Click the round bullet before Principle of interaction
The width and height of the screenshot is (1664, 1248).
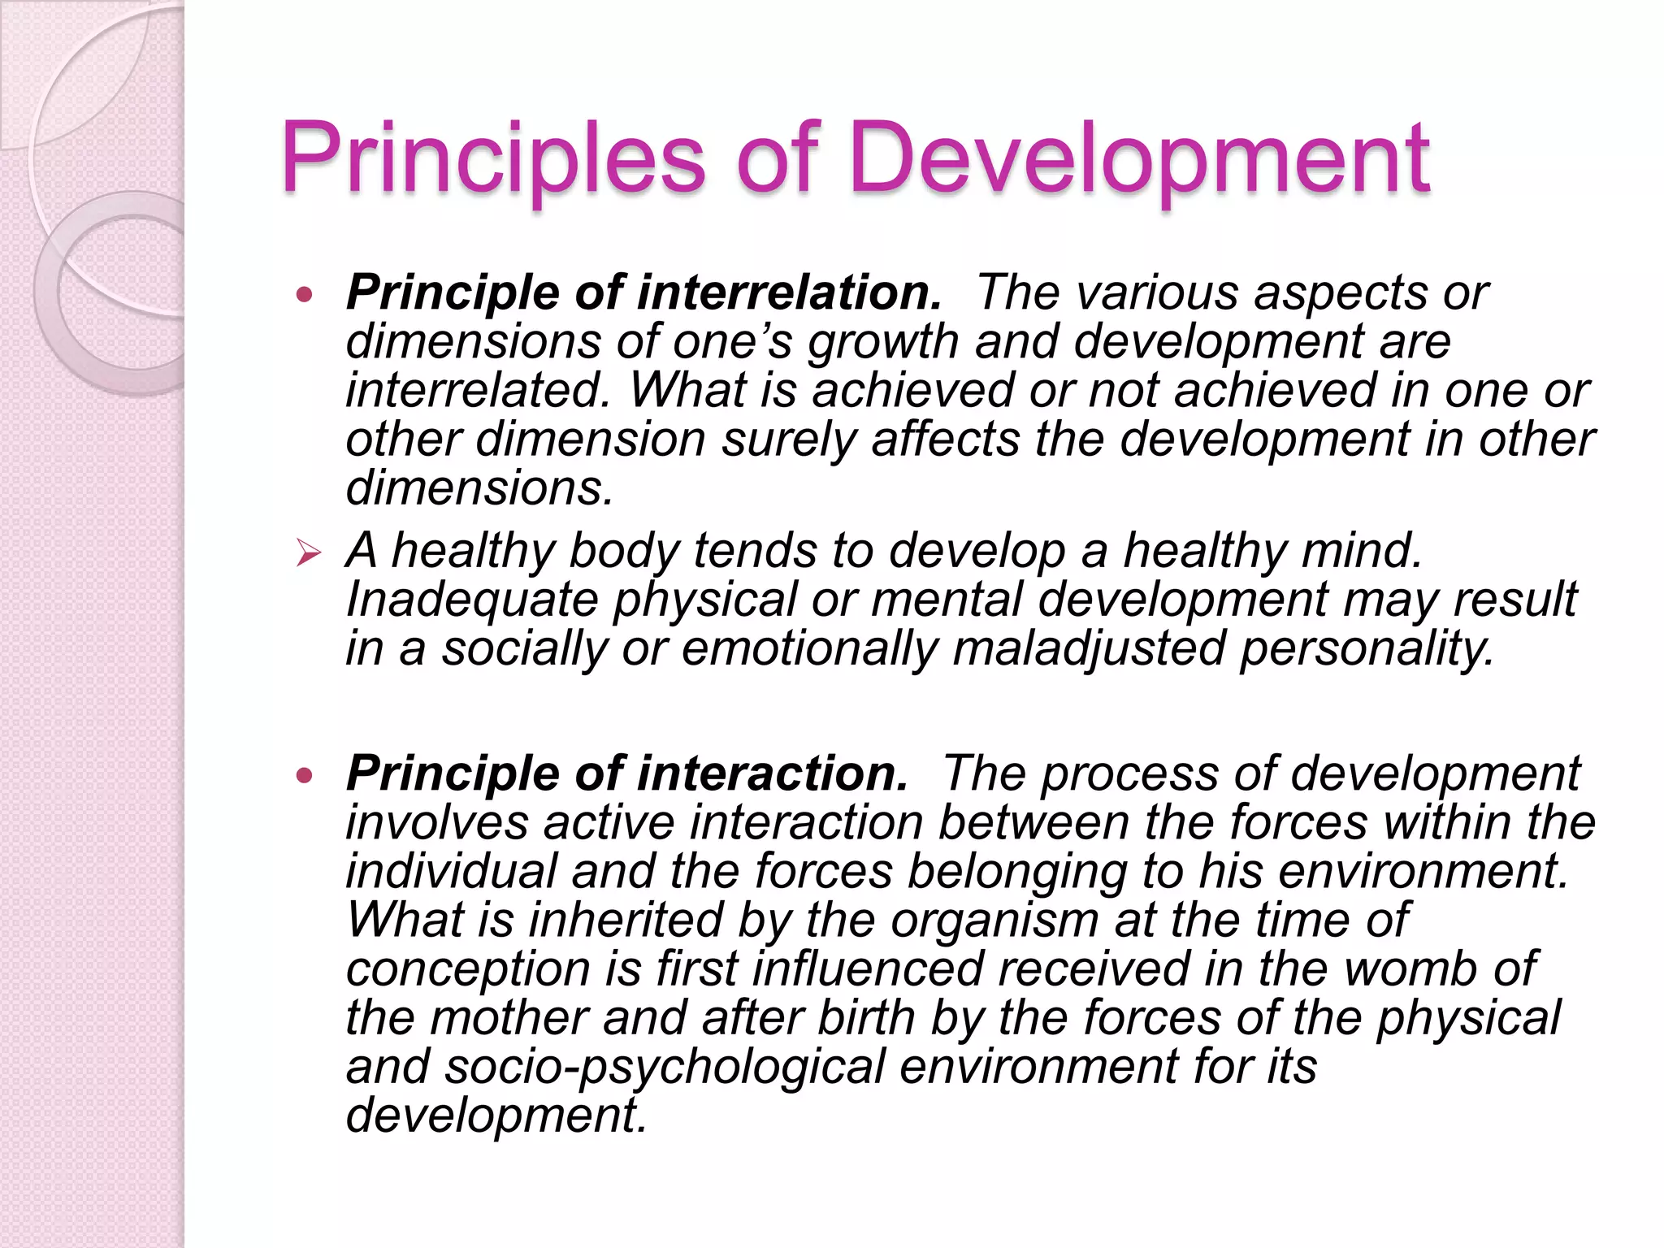click(x=305, y=775)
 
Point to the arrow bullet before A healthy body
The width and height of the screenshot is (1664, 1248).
click(x=308, y=555)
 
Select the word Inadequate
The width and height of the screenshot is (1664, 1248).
click(x=472, y=600)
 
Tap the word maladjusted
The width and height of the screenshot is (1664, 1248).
click(x=1089, y=649)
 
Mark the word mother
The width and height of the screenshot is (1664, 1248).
click(x=509, y=1017)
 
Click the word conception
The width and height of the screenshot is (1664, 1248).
click(x=468, y=970)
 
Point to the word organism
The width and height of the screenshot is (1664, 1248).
click(x=994, y=921)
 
